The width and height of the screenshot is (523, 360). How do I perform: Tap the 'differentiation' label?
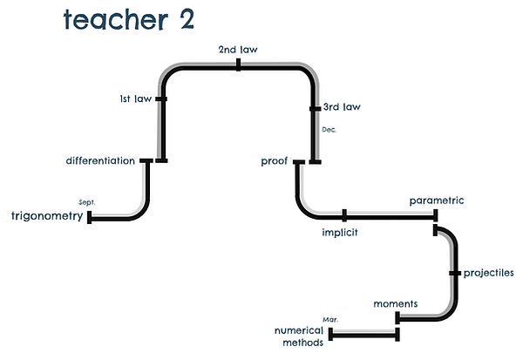[x=100, y=160]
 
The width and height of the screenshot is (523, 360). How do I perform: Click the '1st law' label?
[x=135, y=99]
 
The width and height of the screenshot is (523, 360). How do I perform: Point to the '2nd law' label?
[x=238, y=50]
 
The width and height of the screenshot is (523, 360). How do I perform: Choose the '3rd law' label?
[x=342, y=107]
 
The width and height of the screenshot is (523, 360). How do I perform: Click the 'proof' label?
[x=275, y=161]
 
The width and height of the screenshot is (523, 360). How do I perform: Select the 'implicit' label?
[x=340, y=233]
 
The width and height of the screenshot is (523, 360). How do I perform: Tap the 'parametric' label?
[x=437, y=200]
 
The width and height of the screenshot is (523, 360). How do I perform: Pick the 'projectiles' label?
[x=488, y=273]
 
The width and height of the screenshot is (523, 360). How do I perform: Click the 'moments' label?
[x=396, y=304]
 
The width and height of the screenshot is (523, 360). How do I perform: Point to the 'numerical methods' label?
[x=299, y=336]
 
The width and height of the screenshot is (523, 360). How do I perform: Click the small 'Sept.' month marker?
[x=86, y=201]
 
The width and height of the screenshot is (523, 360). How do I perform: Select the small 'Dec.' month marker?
[x=329, y=129]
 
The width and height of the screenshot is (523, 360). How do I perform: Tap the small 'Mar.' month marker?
[x=330, y=320]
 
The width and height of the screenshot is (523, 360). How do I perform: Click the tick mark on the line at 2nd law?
[x=238, y=65]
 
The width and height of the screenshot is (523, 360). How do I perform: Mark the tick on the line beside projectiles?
[x=454, y=273]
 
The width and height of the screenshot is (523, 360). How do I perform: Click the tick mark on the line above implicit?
[x=344, y=214]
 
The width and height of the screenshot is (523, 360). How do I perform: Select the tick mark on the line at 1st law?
[x=160, y=99]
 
